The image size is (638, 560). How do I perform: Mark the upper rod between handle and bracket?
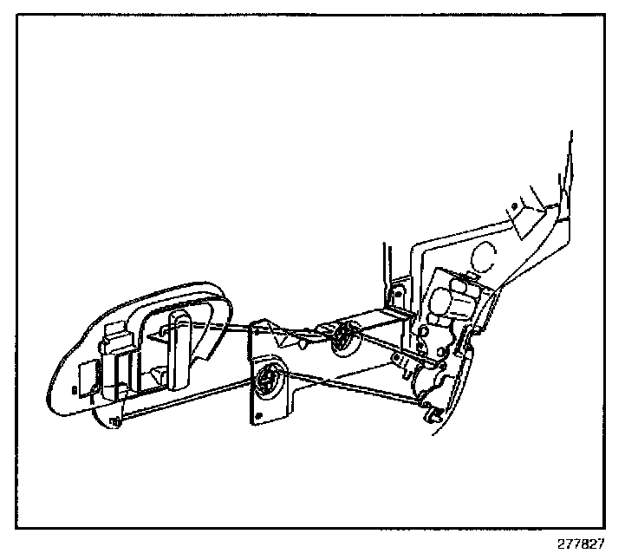click(239, 327)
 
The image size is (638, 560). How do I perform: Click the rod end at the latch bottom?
click(426, 405)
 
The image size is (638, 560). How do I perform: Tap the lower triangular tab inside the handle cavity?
click(158, 374)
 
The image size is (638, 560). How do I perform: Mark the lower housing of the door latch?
click(429, 378)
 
